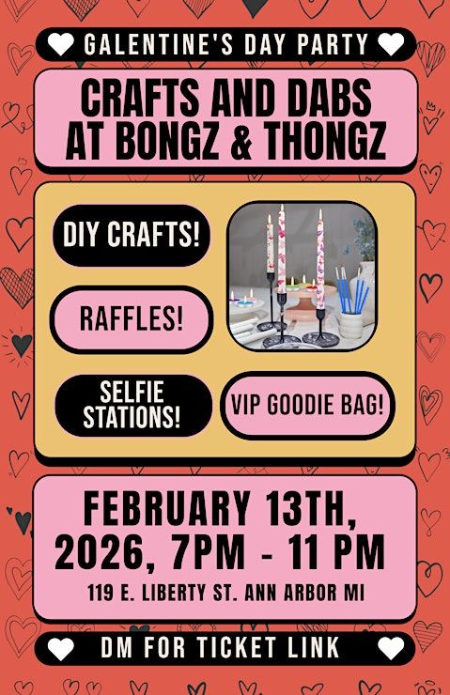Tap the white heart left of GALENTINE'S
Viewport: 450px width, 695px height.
(61, 44)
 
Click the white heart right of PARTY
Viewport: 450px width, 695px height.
(391, 44)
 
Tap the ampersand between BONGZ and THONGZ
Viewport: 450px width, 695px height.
(241, 140)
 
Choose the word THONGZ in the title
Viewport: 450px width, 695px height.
(324, 140)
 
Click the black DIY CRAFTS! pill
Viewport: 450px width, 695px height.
(132, 235)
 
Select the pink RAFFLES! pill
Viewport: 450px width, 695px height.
(132, 319)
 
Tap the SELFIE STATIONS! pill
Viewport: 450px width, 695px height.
(132, 405)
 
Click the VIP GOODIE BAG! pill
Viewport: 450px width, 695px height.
(307, 405)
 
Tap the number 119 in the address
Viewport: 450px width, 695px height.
(101, 593)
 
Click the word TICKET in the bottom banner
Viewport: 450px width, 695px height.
(237, 648)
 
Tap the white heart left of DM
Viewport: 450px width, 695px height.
(61, 648)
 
